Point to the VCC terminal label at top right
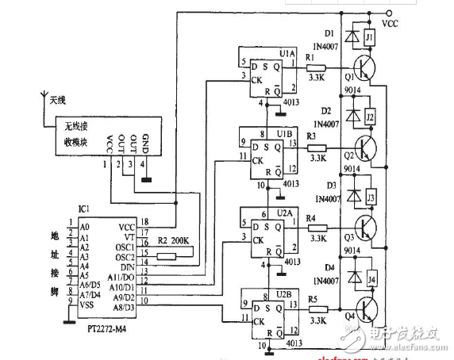pyautogui.click(x=391, y=25)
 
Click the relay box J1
pyautogui.click(x=369, y=37)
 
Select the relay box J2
pyautogui.click(x=369, y=118)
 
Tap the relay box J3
pyautogui.click(x=369, y=196)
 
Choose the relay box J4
pyautogui.click(x=369, y=278)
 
